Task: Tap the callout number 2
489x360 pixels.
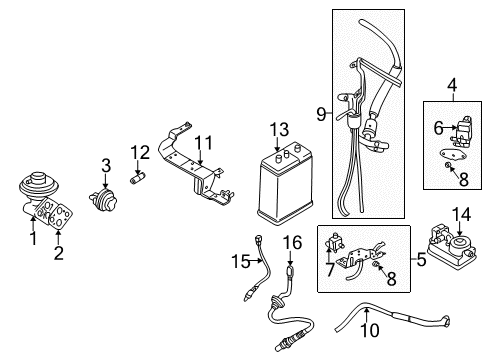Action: click(x=58, y=252)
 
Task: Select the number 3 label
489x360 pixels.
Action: click(x=104, y=164)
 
